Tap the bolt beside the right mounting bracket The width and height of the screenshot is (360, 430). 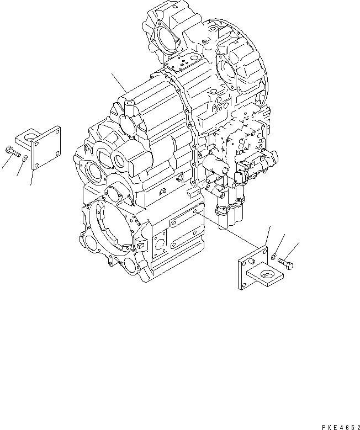coord(285,264)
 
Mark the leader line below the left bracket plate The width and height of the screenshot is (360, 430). coord(32,177)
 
